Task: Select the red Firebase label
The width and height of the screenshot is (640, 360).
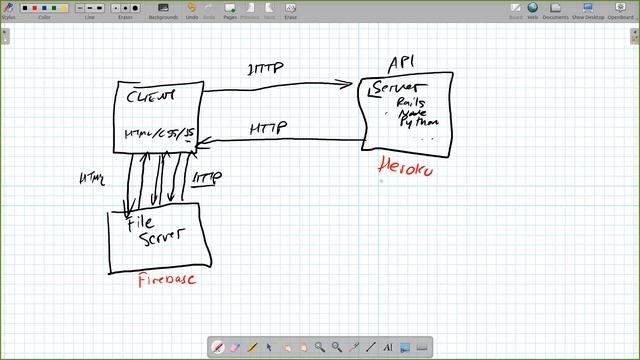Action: [166, 280]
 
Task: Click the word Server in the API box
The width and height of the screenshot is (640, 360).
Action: [392, 90]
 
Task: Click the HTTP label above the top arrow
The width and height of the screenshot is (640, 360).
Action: [266, 69]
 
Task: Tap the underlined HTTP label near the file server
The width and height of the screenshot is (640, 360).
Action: [206, 177]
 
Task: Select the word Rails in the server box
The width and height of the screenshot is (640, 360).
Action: [410, 103]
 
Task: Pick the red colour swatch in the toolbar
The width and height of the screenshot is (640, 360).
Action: [36, 8]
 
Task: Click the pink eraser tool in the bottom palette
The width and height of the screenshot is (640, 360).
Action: [235, 347]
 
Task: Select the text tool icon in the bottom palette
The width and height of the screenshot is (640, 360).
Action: [387, 347]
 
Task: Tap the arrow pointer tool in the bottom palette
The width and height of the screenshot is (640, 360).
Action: [269, 347]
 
